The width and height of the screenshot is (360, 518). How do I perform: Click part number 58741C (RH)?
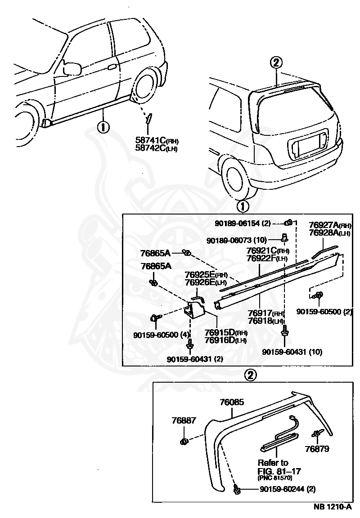pos(157,141)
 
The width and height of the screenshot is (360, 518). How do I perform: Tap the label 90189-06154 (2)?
pos(243,223)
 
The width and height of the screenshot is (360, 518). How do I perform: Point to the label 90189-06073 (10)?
pos(237,241)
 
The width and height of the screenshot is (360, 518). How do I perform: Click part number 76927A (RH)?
pos(330,225)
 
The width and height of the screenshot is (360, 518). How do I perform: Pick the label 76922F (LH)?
pos(267,259)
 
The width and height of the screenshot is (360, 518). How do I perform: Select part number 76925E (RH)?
pos(206,275)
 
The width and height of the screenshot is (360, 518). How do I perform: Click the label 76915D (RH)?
pos(226,333)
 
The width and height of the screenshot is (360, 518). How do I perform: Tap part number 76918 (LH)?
pos(266,321)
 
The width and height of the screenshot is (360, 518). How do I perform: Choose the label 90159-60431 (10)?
pos(292,352)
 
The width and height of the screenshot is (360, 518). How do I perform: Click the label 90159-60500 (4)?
pos(161,335)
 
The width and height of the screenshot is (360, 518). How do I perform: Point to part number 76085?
pos(232,402)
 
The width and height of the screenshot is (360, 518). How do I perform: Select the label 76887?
pos(184,420)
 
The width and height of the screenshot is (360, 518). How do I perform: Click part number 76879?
pos(317,449)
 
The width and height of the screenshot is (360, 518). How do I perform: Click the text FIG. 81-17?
pos(279,470)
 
